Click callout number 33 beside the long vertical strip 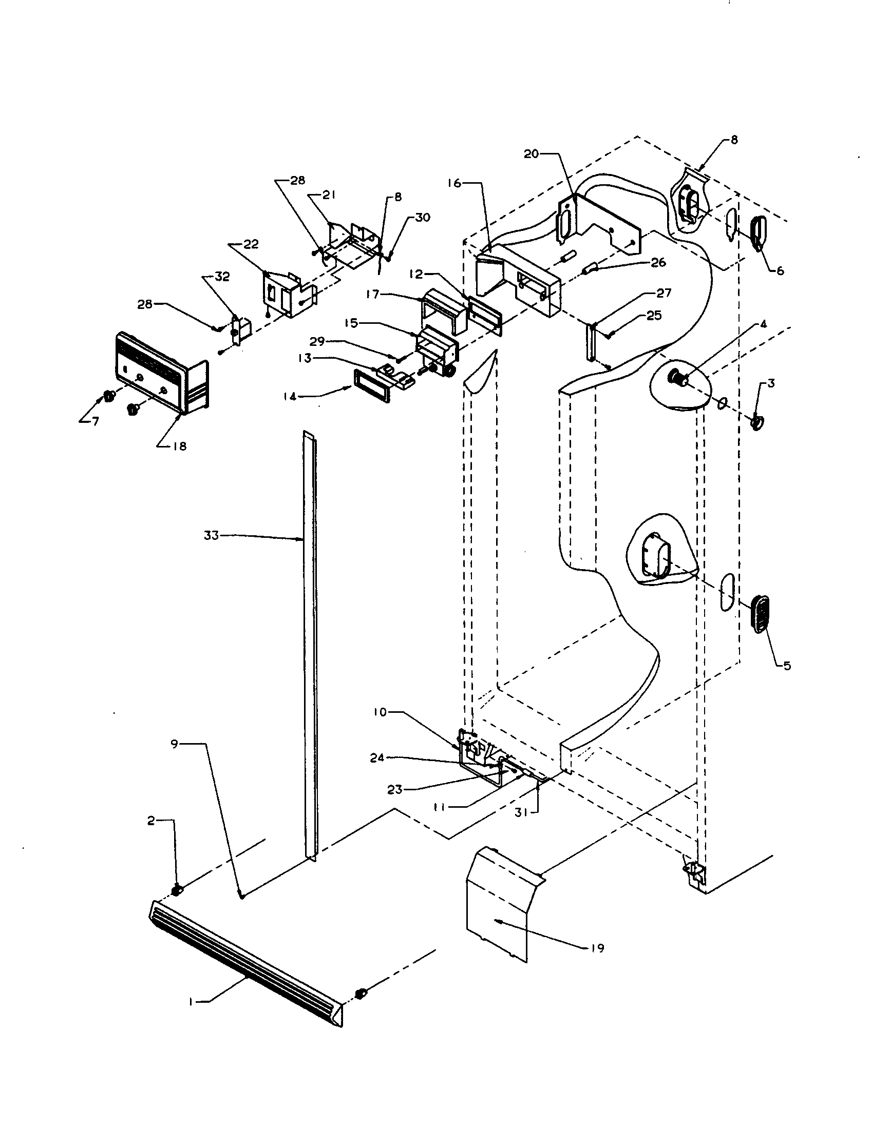click(211, 536)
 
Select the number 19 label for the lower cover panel click(597, 948)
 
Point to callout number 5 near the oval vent click(786, 666)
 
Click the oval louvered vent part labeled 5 click(759, 614)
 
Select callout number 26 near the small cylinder click(658, 263)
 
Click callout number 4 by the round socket click(778, 324)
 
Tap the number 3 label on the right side click(771, 383)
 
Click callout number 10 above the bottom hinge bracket click(380, 712)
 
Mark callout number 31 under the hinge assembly click(521, 813)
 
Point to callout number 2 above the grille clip click(150, 821)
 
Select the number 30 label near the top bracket click(422, 218)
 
